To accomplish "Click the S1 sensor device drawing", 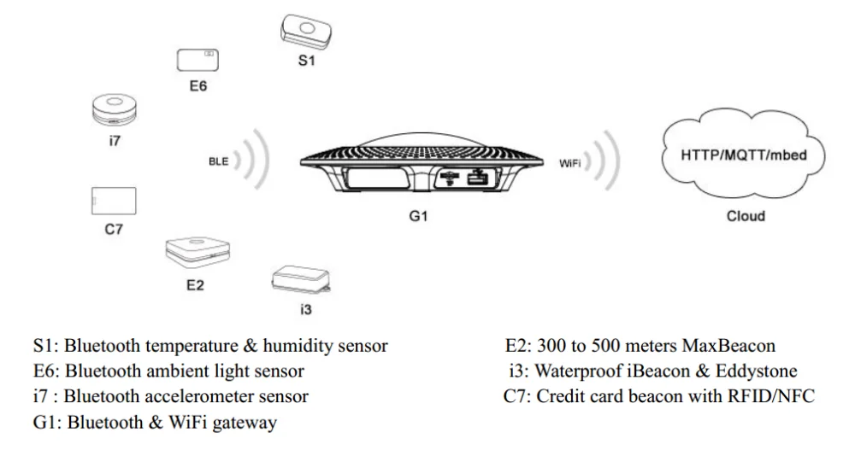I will coord(306,31).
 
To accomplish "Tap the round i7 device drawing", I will coord(115,111).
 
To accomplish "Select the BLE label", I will coord(219,161).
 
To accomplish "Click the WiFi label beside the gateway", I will coord(571,161).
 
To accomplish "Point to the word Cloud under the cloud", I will coord(746,216).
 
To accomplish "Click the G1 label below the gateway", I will coord(417,217).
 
